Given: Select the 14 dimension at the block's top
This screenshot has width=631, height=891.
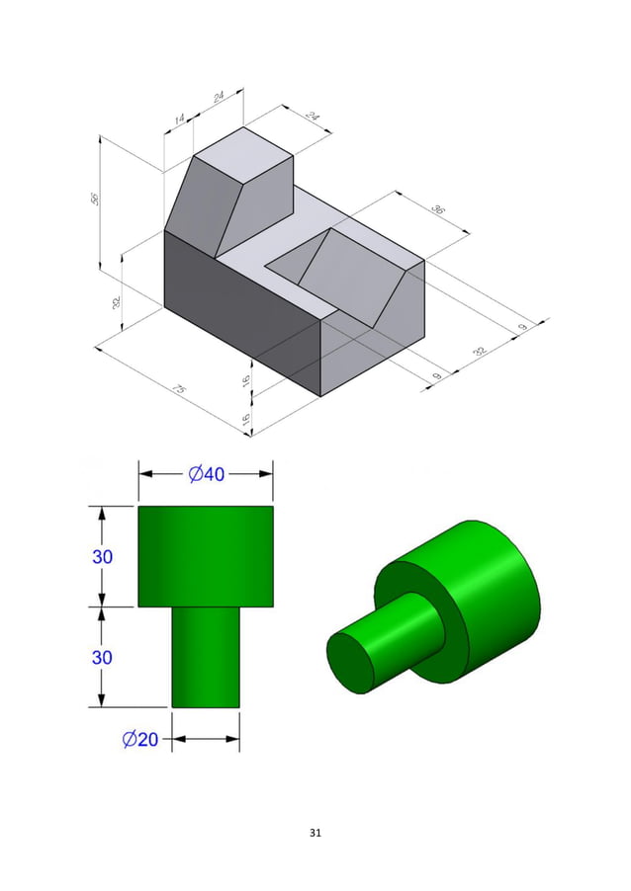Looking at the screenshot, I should click(x=179, y=120).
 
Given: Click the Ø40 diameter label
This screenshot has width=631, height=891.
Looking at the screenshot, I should click(x=206, y=474).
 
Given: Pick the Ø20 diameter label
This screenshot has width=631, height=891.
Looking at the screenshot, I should click(x=140, y=739).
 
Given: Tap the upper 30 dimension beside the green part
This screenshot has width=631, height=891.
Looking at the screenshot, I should click(x=102, y=556).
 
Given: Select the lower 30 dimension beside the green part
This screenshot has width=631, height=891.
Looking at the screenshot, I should click(x=102, y=657).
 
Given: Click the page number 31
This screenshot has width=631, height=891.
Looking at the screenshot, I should click(x=315, y=833).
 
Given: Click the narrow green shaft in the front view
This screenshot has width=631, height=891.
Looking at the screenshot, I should click(x=206, y=657).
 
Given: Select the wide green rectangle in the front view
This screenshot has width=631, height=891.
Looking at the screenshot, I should click(x=206, y=556).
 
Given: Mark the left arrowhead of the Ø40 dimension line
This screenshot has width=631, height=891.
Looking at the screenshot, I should click(x=144, y=474).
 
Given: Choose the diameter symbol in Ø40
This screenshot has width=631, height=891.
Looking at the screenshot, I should click(x=196, y=474).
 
